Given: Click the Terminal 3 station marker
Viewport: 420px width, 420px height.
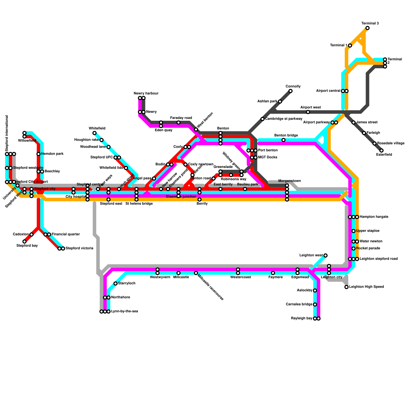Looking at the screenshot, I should click(367, 28).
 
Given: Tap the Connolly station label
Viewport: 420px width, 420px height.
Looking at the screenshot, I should click(293, 86).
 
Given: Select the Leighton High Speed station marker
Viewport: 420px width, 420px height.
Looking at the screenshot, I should click(346, 287).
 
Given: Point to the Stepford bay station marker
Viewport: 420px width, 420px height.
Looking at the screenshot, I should click(24, 241).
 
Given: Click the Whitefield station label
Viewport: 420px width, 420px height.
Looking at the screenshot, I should click(97, 128).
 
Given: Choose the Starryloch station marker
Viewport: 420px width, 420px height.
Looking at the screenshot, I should click(115, 283).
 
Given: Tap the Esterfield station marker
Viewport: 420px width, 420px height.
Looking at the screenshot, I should click(381, 151).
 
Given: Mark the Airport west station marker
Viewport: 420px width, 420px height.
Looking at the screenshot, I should click(308, 112).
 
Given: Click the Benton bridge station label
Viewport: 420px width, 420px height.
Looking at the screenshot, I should click(286, 135).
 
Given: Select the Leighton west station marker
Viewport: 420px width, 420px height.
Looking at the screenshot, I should click(325, 255).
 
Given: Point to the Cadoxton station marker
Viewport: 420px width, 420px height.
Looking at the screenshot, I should click(31, 234).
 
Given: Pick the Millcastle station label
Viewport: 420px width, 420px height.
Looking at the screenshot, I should click(181, 277).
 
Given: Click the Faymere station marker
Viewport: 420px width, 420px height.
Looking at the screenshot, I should click(273, 273).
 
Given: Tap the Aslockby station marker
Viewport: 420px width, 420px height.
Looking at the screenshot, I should click(315, 291).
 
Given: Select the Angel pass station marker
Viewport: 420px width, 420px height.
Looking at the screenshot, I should click(154, 178).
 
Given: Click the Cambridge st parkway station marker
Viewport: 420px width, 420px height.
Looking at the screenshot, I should click(262, 119).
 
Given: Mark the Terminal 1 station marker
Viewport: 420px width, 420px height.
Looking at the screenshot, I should click(350, 46).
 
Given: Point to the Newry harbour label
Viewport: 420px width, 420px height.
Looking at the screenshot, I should click(146, 93).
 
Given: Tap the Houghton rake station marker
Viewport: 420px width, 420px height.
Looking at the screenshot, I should click(101, 140).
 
